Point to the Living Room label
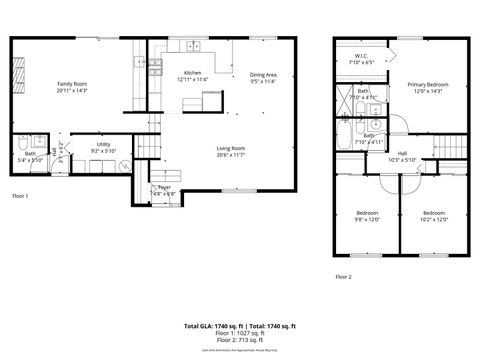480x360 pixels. (230, 151)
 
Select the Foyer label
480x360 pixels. (164, 188)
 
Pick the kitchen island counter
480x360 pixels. (209, 100)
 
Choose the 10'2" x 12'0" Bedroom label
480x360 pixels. (433, 215)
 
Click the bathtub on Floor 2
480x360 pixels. (346, 132)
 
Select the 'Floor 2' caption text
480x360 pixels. (344, 275)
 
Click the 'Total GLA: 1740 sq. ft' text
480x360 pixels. (210, 326)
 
